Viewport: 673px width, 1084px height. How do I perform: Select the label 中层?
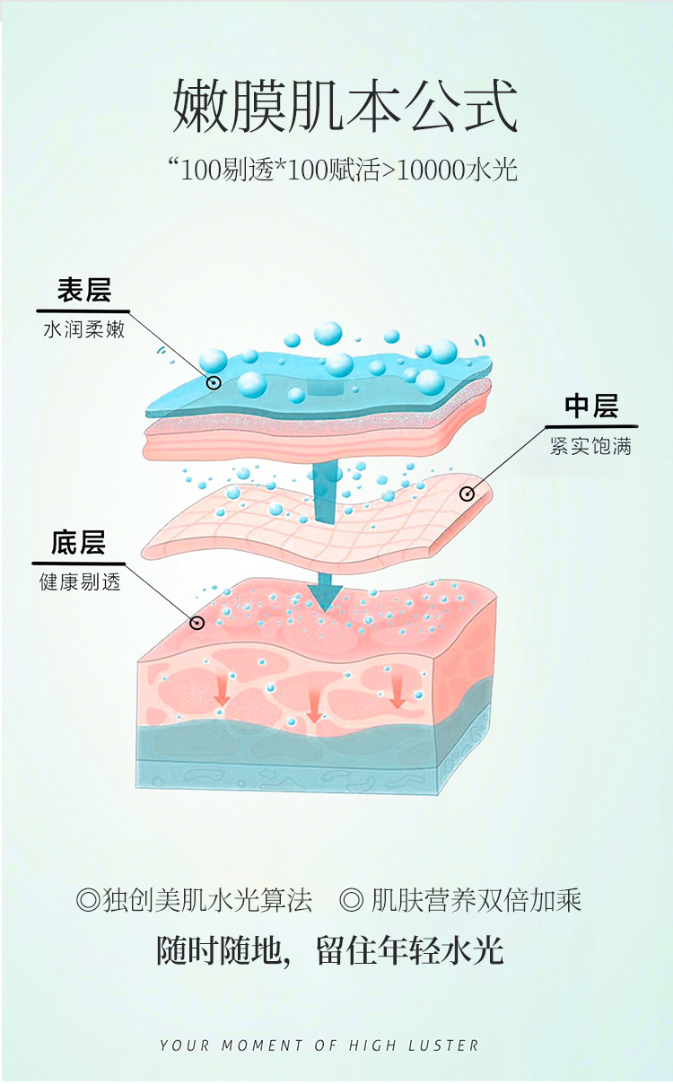tap(591, 406)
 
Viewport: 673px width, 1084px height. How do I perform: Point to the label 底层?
tap(78, 543)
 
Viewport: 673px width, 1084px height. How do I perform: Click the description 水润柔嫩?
tap(83, 330)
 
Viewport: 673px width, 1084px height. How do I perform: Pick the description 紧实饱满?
tap(591, 446)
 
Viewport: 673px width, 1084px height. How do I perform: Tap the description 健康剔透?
tap(79, 582)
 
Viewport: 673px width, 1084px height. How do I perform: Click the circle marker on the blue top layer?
tap(214, 383)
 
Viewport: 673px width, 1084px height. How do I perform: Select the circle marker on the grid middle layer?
tap(467, 494)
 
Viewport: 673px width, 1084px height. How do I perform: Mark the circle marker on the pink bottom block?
tap(197, 622)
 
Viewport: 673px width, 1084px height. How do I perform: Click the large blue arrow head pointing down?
tap(325, 593)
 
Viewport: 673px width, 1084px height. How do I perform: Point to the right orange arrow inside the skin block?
tap(397, 693)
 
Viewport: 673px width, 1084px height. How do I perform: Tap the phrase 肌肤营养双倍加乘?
tap(476, 900)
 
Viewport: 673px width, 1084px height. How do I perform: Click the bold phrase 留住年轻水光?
tap(409, 951)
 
